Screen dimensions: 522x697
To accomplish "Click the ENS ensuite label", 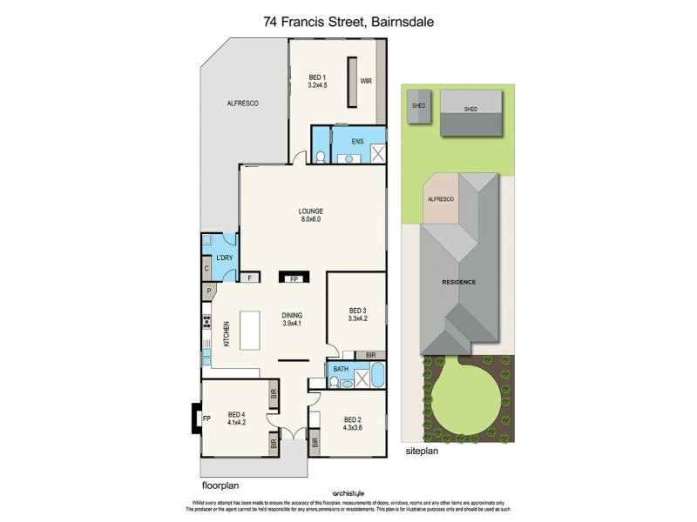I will click(357, 140).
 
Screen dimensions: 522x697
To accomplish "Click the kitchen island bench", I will click(252, 331).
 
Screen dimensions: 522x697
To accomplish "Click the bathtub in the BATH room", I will click(380, 377).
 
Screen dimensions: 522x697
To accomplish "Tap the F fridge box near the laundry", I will click(249, 278).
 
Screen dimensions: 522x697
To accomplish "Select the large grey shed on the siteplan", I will click(470, 112).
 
